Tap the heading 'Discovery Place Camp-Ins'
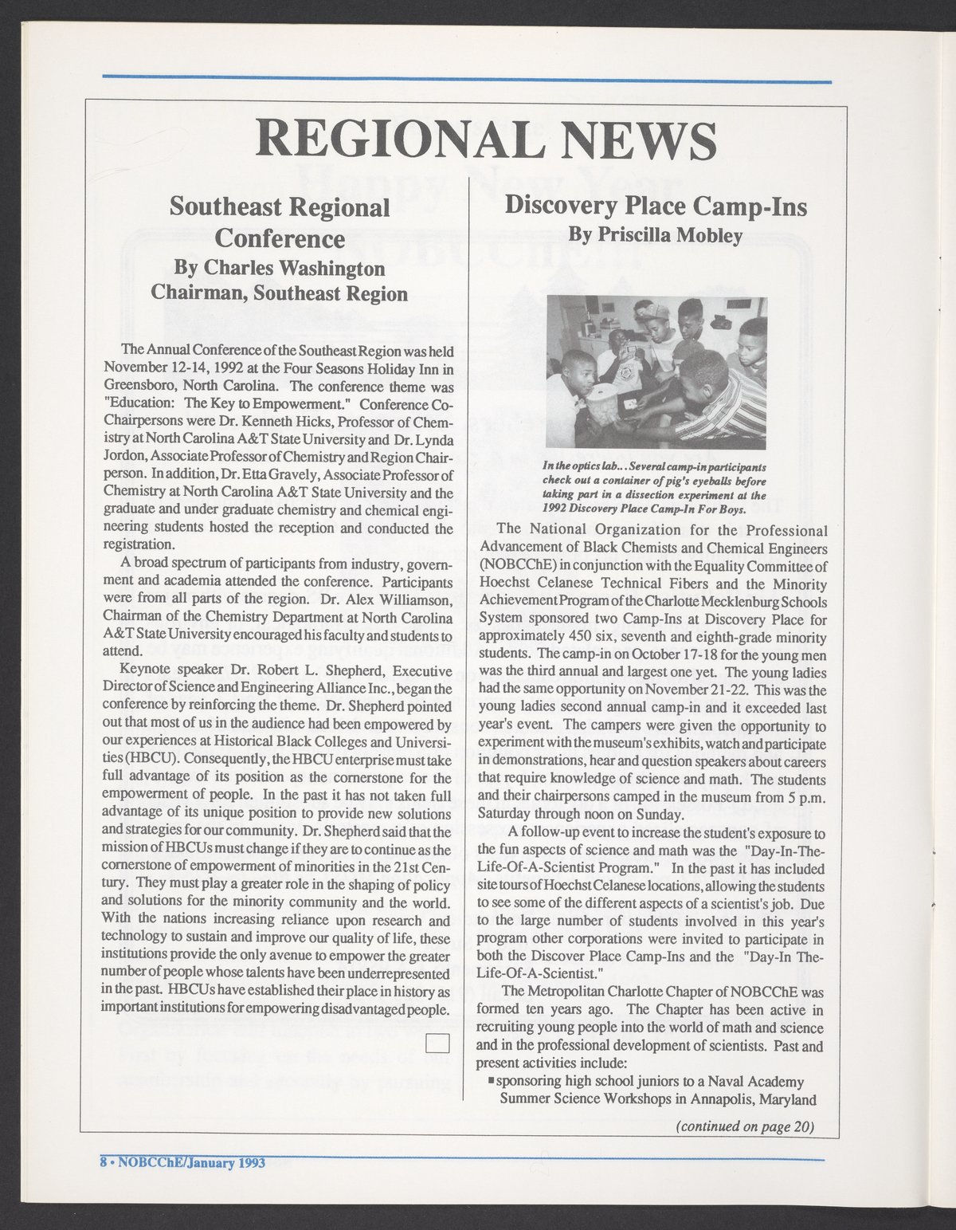click(656, 207)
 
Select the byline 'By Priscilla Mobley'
click(656, 236)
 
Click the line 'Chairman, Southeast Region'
click(280, 293)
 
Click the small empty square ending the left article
click(438, 1041)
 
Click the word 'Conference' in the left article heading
click(280, 238)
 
